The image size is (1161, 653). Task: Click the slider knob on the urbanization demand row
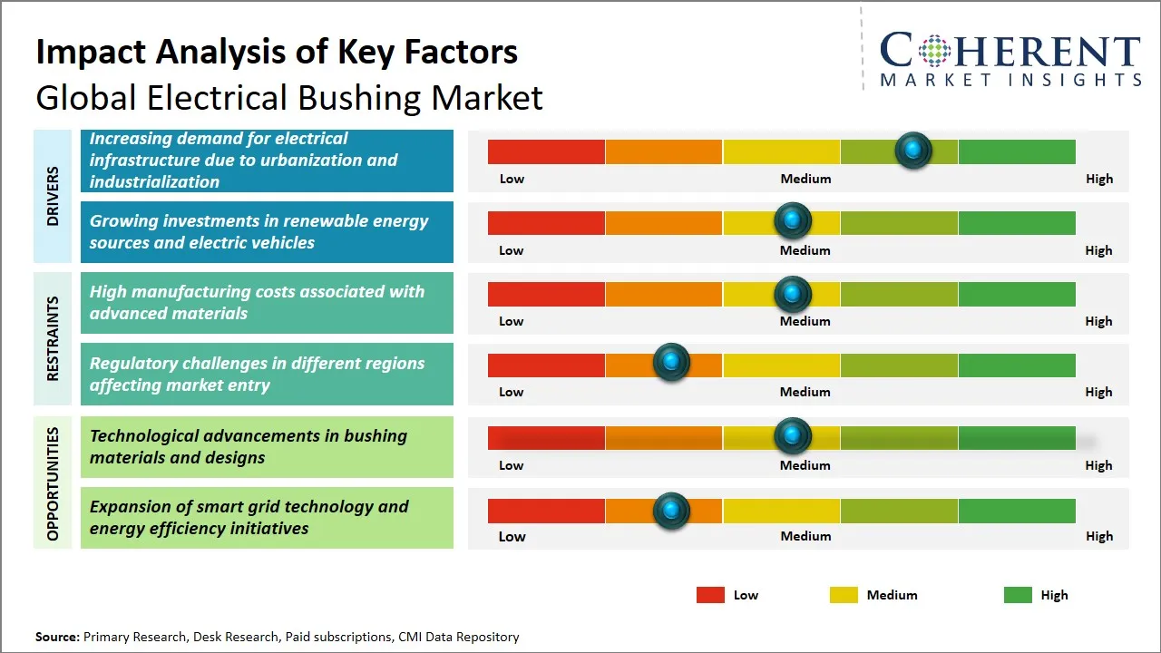[913, 151]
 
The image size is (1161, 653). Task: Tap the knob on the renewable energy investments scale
[793, 220]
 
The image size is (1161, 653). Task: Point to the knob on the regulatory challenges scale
[671, 363]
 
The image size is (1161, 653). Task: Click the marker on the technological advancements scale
[793, 436]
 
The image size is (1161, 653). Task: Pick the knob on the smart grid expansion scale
[671, 511]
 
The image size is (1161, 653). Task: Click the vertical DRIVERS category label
[53, 196]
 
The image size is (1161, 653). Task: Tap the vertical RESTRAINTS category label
[53, 338]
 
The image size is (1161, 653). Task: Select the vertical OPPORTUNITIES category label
[53, 483]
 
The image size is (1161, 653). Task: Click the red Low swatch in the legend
[710, 595]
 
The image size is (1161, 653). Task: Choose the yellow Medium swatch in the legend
[844, 595]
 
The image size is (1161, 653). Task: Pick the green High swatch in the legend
[1018, 595]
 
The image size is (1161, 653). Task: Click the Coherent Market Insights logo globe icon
[933, 51]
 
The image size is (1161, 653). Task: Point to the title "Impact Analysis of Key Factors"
[277, 52]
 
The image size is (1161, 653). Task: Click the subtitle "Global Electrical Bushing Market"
[289, 97]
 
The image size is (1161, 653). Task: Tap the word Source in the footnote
[57, 637]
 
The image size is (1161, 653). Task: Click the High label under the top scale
[1098, 179]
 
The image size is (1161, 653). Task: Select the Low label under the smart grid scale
[512, 536]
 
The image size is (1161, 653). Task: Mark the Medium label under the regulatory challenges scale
[805, 392]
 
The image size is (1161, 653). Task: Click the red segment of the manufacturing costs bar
[546, 294]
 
